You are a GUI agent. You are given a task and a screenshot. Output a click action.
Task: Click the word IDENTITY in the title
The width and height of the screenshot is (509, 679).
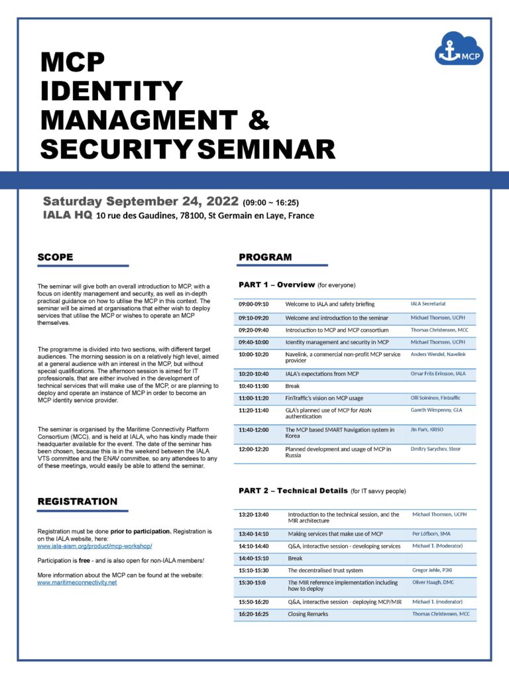pyautogui.click(x=111, y=91)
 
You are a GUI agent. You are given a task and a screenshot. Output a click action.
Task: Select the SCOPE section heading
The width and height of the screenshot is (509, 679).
pyautogui.click(x=55, y=257)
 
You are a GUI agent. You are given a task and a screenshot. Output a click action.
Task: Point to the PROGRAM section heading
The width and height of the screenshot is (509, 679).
pyautogui.click(x=265, y=257)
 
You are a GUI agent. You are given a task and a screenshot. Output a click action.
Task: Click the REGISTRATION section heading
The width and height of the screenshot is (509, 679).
pyautogui.click(x=78, y=501)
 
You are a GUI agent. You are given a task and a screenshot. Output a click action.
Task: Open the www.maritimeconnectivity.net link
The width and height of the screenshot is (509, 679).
pyautogui.click(x=77, y=582)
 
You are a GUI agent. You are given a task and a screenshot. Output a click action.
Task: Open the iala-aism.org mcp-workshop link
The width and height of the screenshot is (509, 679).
pyautogui.click(x=95, y=546)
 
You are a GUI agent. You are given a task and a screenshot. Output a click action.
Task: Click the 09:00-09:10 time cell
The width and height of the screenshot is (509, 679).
pyautogui.click(x=254, y=304)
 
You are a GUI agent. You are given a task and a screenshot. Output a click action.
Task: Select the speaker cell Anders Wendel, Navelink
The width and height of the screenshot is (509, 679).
pyautogui.click(x=437, y=355)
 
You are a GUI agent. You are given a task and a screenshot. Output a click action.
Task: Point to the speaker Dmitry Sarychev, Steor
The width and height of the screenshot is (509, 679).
pyautogui.click(x=435, y=449)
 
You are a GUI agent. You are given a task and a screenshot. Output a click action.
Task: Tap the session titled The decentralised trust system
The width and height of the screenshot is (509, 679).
pyautogui.click(x=325, y=570)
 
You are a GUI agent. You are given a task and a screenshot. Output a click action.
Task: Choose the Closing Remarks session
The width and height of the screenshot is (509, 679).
pyautogui.click(x=308, y=614)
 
